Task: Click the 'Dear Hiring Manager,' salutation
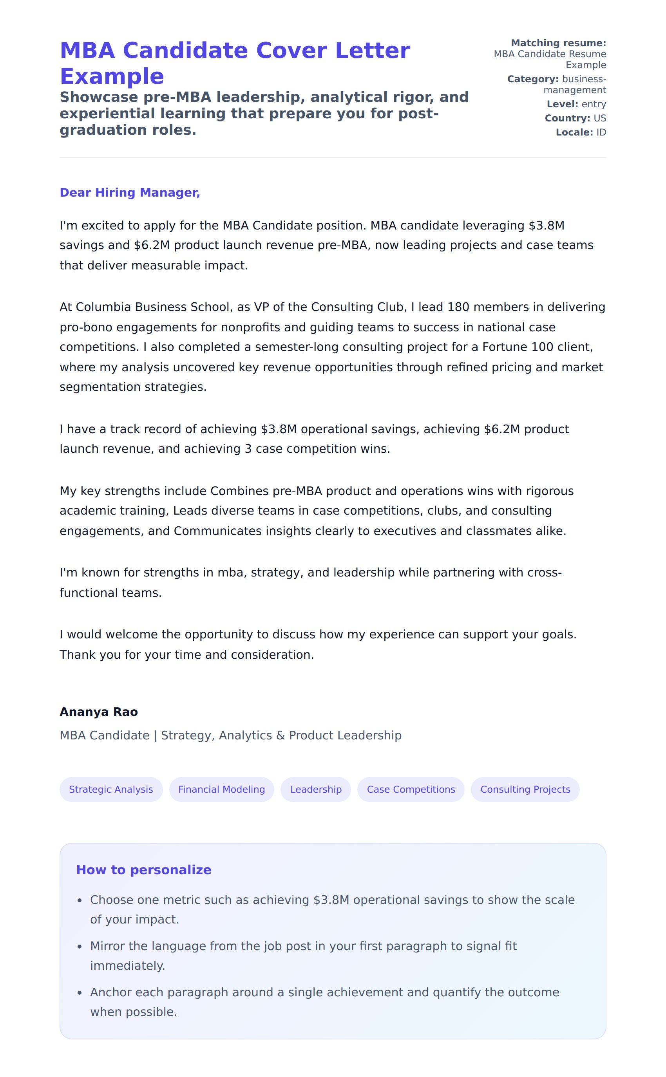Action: [x=130, y=192]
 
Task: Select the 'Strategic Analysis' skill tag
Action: [x=111, y=790]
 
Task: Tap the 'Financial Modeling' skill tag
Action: [x=222, y=790]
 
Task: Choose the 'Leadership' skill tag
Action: [x=316, y=790]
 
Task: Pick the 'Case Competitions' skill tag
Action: [x=411, y=790]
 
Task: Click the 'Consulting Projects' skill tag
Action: [x=525, y=790]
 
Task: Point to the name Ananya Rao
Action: [x=99, y=712]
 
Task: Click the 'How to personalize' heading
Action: [x=144, y=869]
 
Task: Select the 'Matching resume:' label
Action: [x=558, y=43]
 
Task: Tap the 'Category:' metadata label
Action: [x=532, y=79]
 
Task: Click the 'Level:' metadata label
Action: [x=562, y=104]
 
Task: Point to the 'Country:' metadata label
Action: [x=567, y=118]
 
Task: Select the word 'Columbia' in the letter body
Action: [x=103, y=307]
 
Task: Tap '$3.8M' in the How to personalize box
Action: [x=331, y=900]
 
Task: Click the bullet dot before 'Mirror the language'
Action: [x=80, y=947]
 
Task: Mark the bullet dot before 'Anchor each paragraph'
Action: [x=80, y=993]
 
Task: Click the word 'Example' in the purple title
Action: [x=112, y=77]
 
